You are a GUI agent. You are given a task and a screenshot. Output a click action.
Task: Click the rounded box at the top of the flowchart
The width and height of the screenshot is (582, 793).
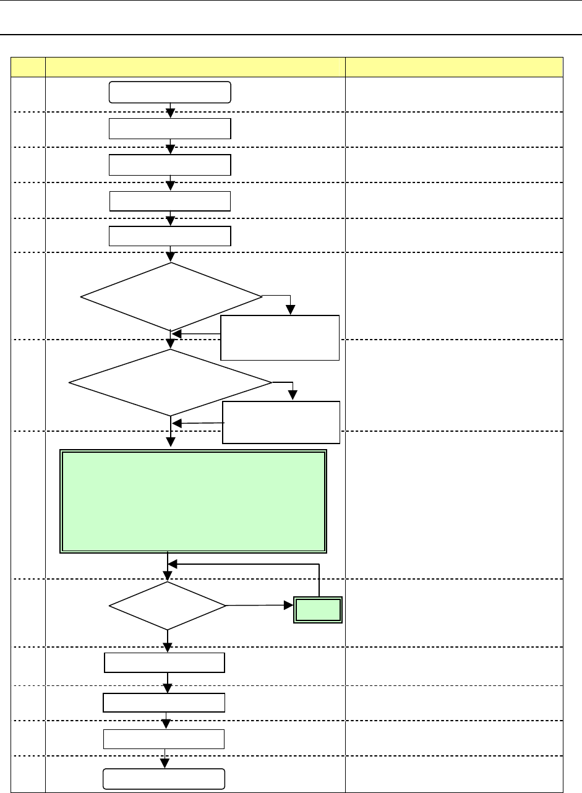point(170,92)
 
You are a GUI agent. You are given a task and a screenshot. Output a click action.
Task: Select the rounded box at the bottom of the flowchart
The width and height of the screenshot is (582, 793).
point(164,778)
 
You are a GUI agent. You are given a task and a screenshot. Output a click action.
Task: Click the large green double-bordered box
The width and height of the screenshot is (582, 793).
point(193,501)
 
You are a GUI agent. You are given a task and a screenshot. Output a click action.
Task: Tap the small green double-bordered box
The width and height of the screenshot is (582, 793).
point(317,610)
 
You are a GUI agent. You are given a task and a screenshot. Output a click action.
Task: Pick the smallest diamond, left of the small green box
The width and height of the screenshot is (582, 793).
point(168,606)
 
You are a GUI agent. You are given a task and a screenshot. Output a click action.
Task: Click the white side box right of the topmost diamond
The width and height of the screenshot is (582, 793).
point(280,338)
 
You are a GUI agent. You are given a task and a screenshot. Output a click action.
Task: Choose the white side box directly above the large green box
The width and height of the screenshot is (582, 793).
point(281,422)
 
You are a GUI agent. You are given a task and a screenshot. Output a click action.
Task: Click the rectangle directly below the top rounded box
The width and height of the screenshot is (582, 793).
point(170,129)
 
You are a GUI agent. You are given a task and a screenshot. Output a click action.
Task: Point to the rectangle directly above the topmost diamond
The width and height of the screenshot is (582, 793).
point(170,236)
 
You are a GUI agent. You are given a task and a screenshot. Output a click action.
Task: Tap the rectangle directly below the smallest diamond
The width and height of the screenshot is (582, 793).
point(164,662)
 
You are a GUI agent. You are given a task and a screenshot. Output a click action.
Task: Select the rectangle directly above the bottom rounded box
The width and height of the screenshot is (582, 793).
point(164,739)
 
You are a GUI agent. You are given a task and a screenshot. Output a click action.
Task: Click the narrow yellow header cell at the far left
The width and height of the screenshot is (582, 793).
point(28,67)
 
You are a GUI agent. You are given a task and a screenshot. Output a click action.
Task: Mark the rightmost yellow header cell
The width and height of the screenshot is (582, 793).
point(454,67)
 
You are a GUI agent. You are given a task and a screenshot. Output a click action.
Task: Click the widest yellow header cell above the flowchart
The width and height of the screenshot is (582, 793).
point(195,67)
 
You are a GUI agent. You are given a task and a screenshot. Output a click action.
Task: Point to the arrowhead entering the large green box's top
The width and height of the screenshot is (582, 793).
point(171,443)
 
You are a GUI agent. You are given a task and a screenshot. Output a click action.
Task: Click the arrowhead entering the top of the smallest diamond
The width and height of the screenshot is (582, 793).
point(168,576)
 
